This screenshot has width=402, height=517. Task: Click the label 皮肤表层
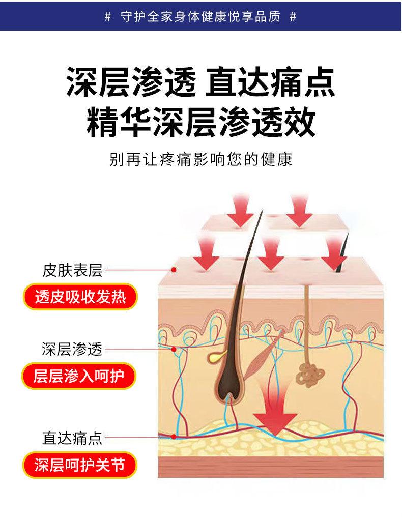click(72, 271)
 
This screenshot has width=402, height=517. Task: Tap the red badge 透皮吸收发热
click(80, 297)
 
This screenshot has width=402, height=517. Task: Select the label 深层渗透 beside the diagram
click(72, 349)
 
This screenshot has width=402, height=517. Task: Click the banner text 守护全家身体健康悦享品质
click(200, 17)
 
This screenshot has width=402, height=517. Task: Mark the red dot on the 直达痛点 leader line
click(174, 437)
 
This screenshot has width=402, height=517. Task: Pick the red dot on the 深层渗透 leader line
click(174, 349)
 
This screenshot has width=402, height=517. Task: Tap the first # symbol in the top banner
click(107, 17)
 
